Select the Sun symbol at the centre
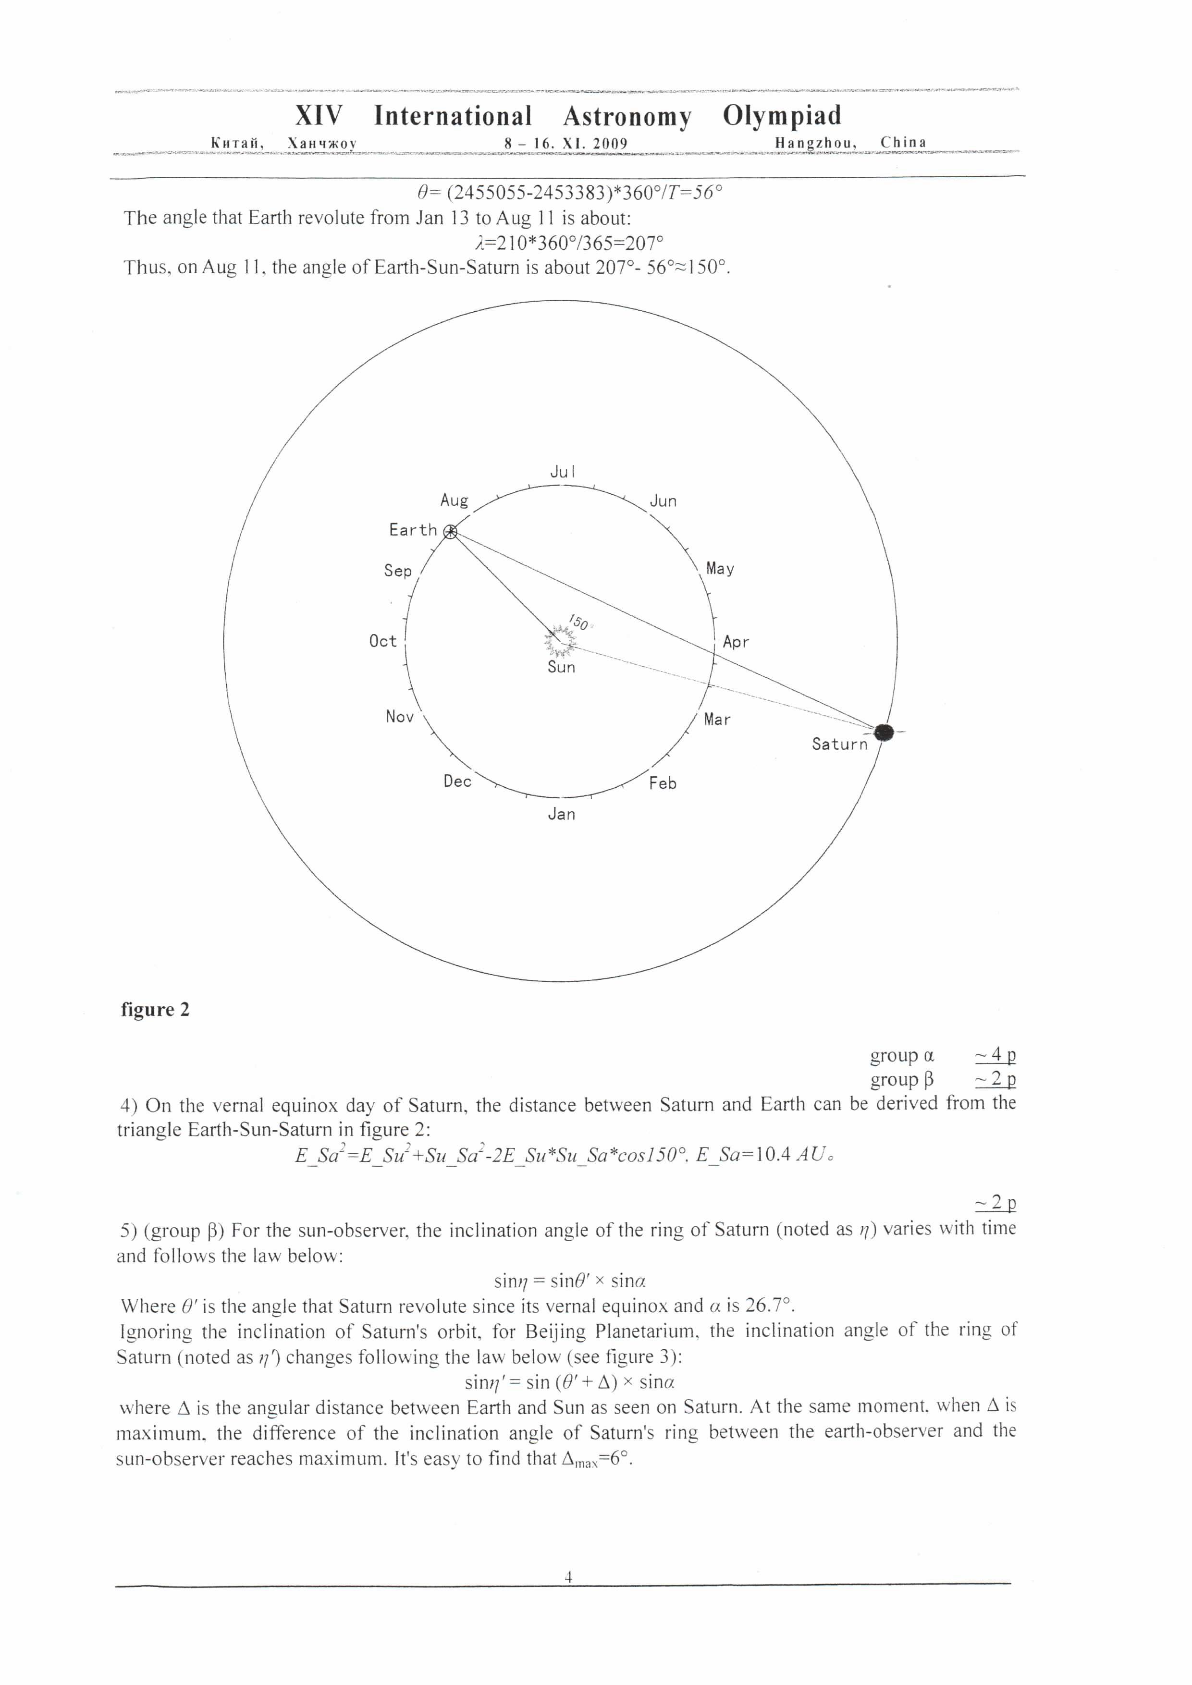[561, 641]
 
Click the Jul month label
[563, 472]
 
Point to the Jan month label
[562, 814]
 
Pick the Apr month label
[736, 642]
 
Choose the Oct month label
[382, 641]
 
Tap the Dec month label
[457, 781]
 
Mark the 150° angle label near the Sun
[579, 623]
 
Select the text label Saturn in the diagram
[839, 744]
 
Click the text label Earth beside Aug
[413, 530]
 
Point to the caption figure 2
[155, 1010]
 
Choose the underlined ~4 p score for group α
[995, 1055]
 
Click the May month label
[720, 569]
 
